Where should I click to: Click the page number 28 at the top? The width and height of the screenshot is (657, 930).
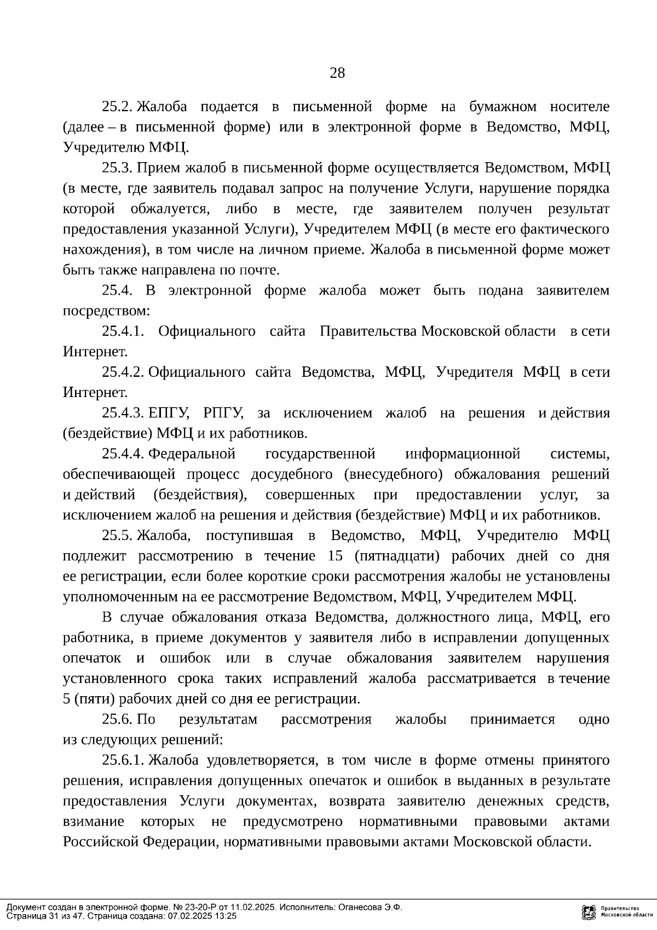coord(337,72)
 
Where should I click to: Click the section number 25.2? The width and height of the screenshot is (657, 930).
coord(118,106)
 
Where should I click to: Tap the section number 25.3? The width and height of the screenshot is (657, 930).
coord(118,168)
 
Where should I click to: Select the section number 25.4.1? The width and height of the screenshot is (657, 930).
coord(123,331)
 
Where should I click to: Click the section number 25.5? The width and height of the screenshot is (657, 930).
coord(118,536)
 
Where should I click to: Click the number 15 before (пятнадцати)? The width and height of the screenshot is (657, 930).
coord(335,556)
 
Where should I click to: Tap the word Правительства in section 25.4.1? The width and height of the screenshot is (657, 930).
coord(369,331)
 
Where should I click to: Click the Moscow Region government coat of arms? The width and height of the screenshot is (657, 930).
coord(589,911)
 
